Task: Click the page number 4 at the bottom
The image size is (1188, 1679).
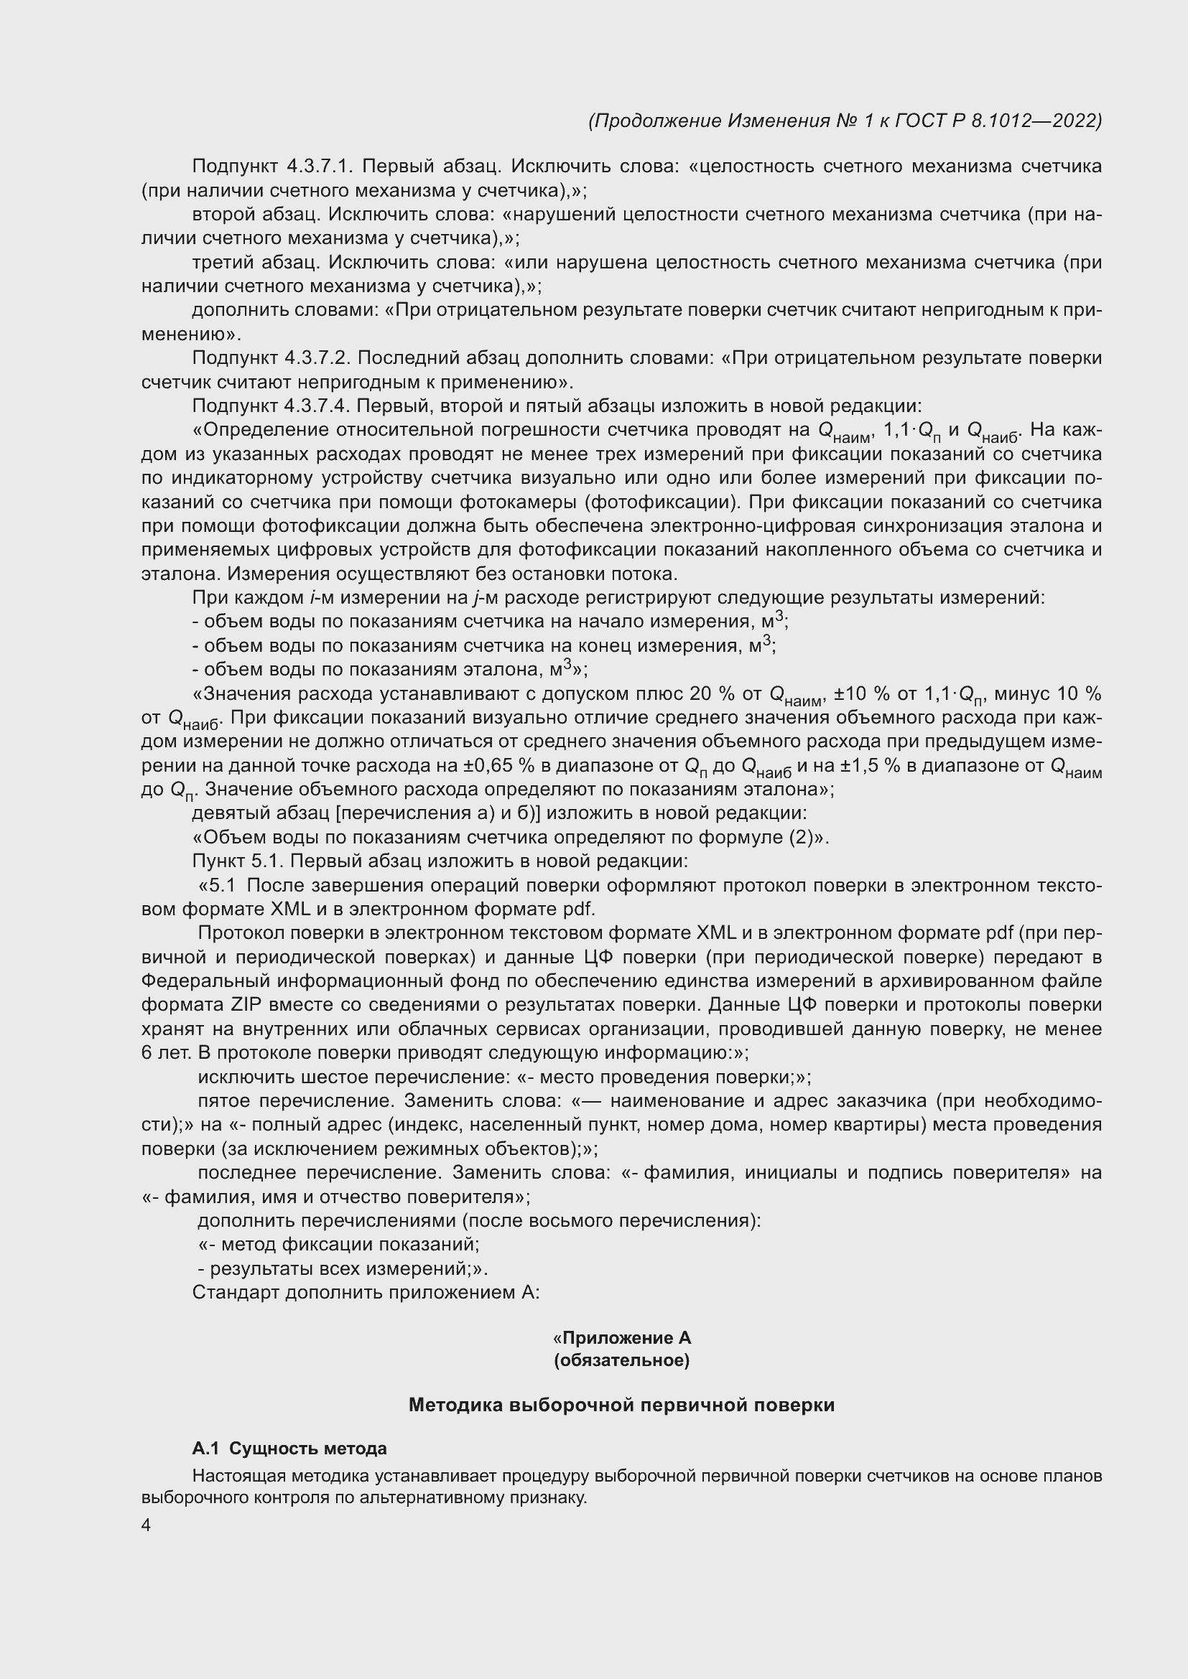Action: [x=146, y=1525]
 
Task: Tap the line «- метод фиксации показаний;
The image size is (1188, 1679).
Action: [x=339, y=1244]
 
